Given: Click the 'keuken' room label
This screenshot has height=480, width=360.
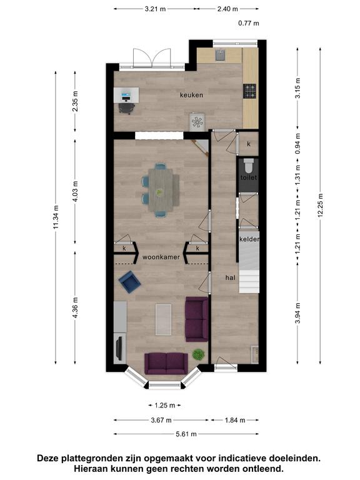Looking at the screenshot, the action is (x=191, y=95).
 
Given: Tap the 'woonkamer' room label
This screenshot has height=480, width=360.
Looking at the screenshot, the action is (x=161, y=257).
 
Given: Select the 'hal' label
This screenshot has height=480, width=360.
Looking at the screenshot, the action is (x=230, y=277).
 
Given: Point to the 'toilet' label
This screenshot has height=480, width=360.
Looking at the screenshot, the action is (x=249, y=177).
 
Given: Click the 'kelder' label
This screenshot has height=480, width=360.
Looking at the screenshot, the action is (x=249, y=239).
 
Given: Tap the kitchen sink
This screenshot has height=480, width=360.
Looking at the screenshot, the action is (x=220, y=55).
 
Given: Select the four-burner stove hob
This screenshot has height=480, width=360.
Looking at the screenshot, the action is (x=250, y=91).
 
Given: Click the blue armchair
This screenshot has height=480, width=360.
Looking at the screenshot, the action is (x=130, y=282).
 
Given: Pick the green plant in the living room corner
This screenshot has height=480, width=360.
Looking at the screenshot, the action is (x=198, y=354).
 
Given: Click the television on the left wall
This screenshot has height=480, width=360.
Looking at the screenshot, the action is (x=119, y=348).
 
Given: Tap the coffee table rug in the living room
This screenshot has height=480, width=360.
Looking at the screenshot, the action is (x=163, y=319).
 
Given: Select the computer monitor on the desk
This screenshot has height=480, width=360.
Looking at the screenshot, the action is (x=126, y=96).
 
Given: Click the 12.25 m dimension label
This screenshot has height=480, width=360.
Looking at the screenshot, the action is (x=320, y=206).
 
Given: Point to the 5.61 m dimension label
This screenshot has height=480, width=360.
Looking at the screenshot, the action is (x=186, y=434).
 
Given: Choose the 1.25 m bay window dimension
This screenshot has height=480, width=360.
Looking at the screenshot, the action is (x=165, y=406).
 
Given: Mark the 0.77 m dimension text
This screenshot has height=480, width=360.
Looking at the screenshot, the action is (x=249, y=23).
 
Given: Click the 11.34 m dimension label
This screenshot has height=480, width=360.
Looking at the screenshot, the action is (x=56, y=217).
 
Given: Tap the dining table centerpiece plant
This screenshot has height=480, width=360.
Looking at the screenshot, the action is (x=159, y=192).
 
